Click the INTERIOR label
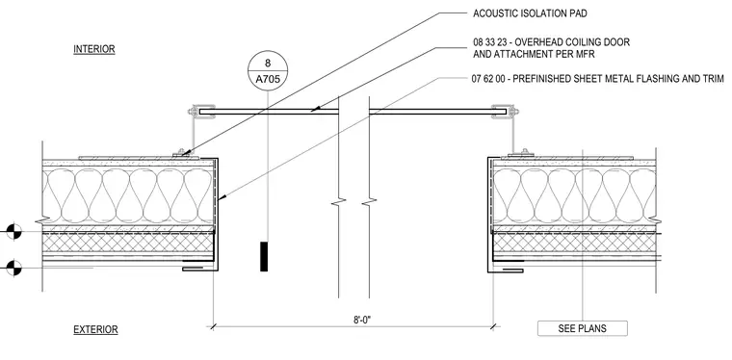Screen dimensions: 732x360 click(x=93, y=49)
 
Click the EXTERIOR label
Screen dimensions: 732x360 click(x=95, y=330)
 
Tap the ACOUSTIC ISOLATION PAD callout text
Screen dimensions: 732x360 click(x=530, y=13)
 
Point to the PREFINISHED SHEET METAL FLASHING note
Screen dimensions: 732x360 click(x=608, y=78)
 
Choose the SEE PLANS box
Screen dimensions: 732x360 click(x=582, y=328)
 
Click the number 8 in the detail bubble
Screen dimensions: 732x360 click(x=268, y=63)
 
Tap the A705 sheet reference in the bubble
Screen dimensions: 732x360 click(x=268, y=79)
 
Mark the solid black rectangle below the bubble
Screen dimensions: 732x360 click(x=264, y=256)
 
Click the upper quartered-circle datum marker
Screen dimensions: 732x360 click(x=14, y=231)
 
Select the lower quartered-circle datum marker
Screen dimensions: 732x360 click(x=14, y=268)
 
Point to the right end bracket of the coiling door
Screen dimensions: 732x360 click(x=506, y=111)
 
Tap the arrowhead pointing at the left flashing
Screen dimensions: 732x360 click(x=222, y=198)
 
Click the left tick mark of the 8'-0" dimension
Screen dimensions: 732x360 click(x=213, y=326)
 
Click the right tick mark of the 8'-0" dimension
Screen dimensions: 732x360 click(x=494, y=326)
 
